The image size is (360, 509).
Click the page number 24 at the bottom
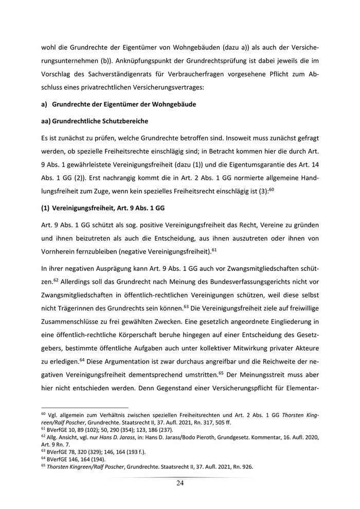point(180,483)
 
